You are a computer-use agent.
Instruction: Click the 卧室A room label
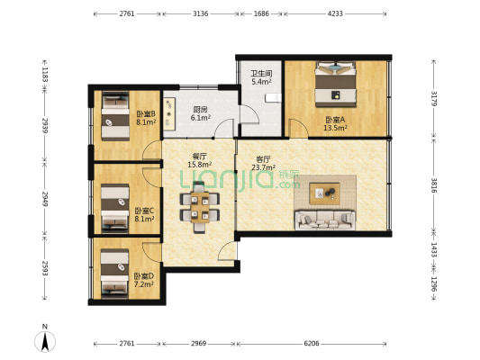coord(335,120)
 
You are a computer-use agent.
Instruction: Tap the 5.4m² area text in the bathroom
coord(262,82)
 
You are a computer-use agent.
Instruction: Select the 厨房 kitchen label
coord(200,110)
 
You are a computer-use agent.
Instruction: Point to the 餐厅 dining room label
coord(199,157)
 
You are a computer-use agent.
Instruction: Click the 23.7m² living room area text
coord(263,167)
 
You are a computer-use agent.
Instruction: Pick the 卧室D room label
coord(144,276)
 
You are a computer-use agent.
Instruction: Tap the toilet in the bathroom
coord(273,97)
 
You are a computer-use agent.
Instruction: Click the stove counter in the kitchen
coord(169,112)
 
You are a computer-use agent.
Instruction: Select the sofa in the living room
coord(325,220)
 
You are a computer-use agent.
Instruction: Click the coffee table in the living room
coord(324,193)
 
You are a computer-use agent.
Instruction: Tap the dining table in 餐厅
coord(200,207)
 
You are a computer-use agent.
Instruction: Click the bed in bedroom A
coord(336,85)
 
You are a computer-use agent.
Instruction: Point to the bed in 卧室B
coord(115,116)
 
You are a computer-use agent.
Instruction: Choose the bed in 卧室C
coord(115,207)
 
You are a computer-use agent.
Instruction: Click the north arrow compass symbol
coord(45,341)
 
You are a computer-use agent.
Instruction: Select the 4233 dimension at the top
coord(335,13)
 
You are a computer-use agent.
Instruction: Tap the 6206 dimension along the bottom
coord(312,344)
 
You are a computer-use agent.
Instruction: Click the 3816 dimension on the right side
coord(434,185)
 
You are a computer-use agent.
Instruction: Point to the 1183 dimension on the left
coord(45,75)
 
